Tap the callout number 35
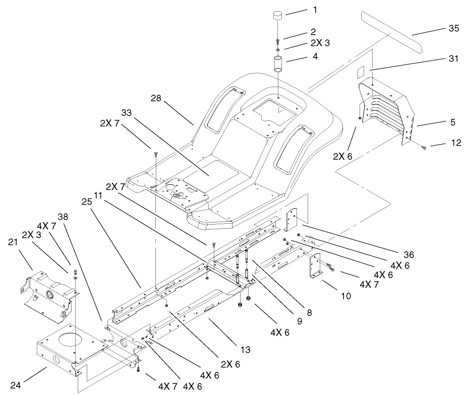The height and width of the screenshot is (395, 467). point(453,29)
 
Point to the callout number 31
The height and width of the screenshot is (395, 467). point(453,59)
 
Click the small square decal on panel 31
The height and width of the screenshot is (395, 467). point(360,73)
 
